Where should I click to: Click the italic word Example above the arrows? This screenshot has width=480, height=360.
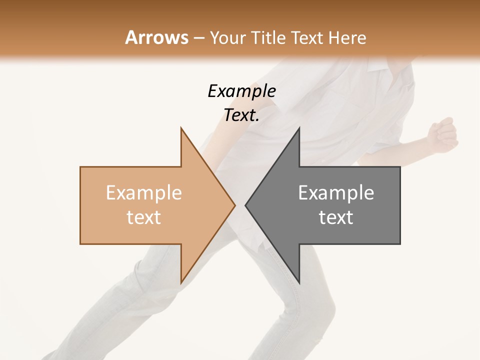click(x=241, y=91)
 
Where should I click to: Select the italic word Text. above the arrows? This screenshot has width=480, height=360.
click(x=241, y=115)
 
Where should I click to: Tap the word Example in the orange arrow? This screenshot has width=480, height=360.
click(x=143, y=193)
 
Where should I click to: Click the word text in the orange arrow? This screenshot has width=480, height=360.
click(x=143, y=217)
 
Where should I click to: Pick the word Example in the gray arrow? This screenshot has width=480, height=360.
click(x=336, y=193)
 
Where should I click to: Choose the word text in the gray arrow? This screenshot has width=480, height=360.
click(x=336, y=217)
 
